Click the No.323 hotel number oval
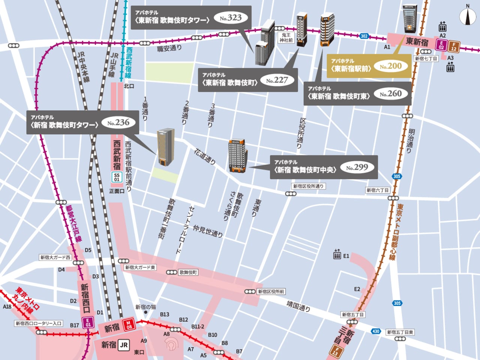[231, 18]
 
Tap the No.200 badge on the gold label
[390, 66]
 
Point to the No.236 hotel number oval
[118, 122]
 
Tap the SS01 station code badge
[117, 177]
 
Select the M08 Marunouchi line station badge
[129, 324]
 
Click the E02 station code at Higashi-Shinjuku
[441, 45]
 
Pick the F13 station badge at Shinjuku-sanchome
[336, 351]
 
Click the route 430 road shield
[376, 331]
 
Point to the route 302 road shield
[364, 36]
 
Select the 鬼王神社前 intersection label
[286, 37]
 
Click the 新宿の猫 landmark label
[145, 307]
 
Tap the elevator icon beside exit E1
[337, 255]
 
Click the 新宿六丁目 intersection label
[378, 190]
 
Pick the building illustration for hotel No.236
[166, 147]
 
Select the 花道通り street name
[205, 156]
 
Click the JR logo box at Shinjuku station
[124, 345]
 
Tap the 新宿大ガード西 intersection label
[55, 257]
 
